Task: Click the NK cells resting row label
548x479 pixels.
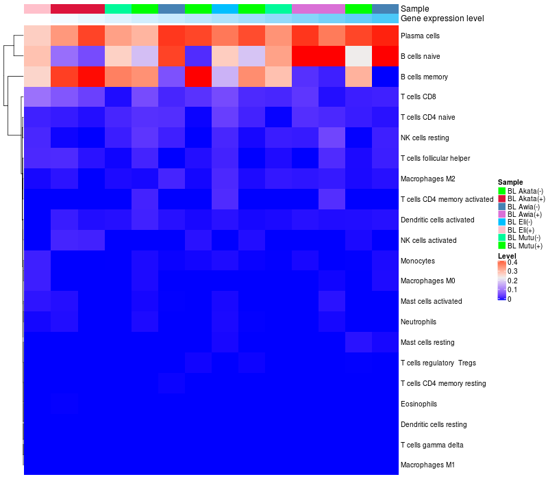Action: [425, 138]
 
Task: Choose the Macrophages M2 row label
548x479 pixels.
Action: [427, 179]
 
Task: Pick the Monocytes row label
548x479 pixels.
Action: [418, 261]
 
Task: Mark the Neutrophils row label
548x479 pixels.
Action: [419, 322]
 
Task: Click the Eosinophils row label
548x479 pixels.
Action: [419, 404]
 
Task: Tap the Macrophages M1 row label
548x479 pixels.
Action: [427, 465]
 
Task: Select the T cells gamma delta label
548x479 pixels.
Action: [432, 445]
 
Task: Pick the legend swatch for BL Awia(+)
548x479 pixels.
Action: [501, 214]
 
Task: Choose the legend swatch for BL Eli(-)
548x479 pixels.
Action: [501, 222]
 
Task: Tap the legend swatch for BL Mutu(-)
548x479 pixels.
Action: [501, 238]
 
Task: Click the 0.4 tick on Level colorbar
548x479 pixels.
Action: [512, 263]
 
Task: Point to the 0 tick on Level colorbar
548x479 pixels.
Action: [509, 299]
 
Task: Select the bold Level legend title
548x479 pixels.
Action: [507, 255]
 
